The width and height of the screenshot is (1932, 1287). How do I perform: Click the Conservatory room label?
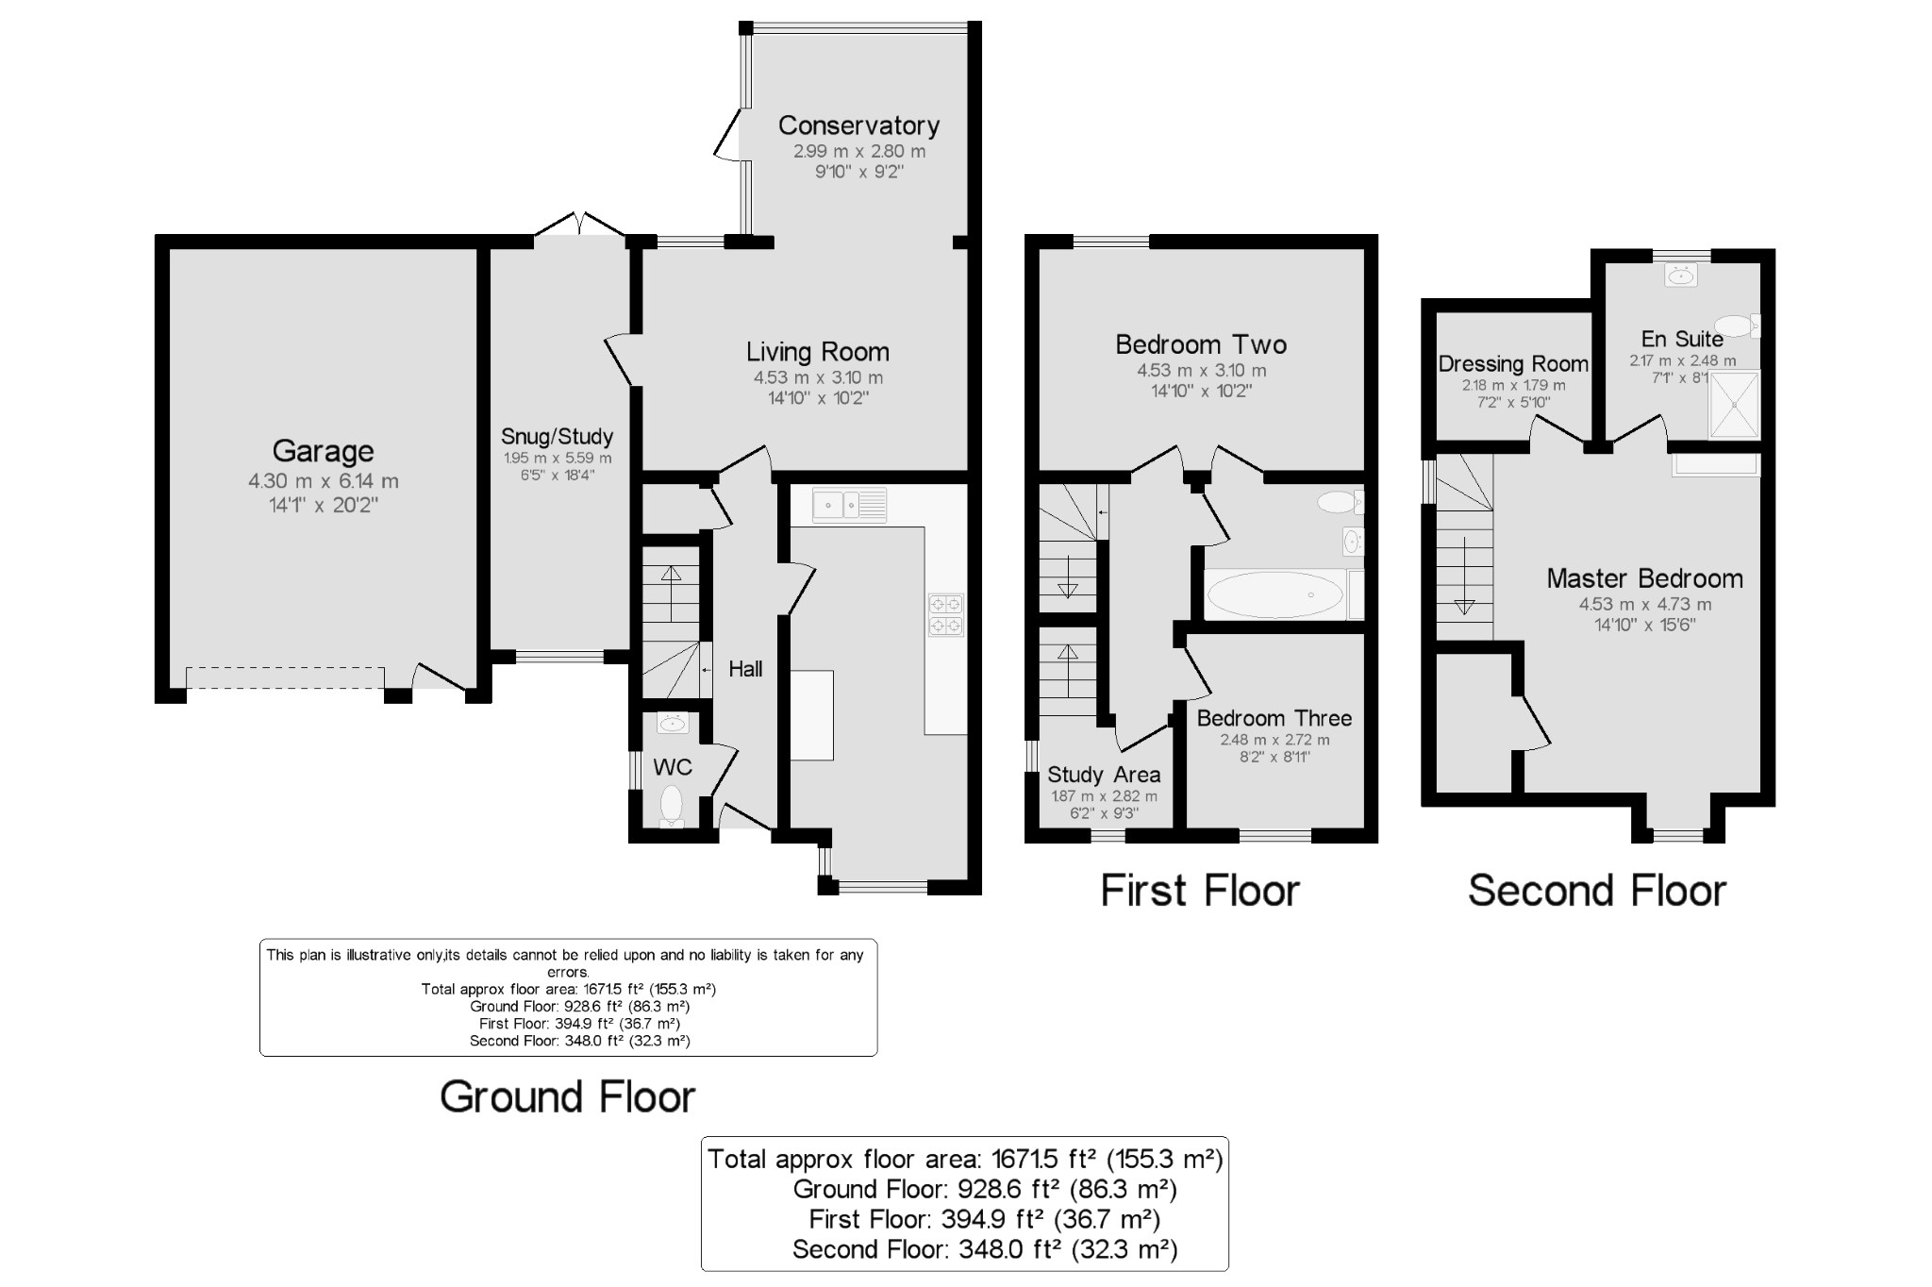click(x=858, y=125)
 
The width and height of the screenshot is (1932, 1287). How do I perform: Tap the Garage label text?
click(x=323, y=452)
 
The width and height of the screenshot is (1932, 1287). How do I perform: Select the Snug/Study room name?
click(x=557, y=437)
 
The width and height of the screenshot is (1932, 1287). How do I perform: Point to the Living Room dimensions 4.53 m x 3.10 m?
click(x=818, y=377)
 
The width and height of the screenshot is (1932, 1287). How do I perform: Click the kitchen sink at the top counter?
click(x=850, y=505)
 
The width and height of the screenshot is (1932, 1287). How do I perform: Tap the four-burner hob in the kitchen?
click(x=946, y=614)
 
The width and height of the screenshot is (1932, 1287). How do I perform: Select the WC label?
click(x=673, y=767)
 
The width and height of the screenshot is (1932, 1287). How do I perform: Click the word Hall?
click(x=745, y=669)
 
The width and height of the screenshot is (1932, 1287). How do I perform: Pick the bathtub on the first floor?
click(x=1275, y=595)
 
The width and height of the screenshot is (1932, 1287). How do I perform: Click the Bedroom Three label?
click(x=1274, y=718)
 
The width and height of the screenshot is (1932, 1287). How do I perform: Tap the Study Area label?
click(x=1104, y=776)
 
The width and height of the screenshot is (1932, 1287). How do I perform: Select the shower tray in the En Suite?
click(x=1734, y=405)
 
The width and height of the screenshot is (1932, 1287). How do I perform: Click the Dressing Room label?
click(x=1513, y=364)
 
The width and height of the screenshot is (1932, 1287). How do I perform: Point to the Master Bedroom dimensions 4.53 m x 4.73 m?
click(x=1645, y=605)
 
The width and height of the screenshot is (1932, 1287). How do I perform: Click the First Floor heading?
click(x=1200, y=891)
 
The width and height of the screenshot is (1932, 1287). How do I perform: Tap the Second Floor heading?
click(x=1597, y=891)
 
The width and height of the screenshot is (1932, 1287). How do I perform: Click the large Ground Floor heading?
click(x=568, y=1097)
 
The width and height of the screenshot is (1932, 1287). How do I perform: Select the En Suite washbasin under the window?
click(x=1680, y=276)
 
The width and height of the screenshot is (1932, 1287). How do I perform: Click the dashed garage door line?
click(x=285, y=678)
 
